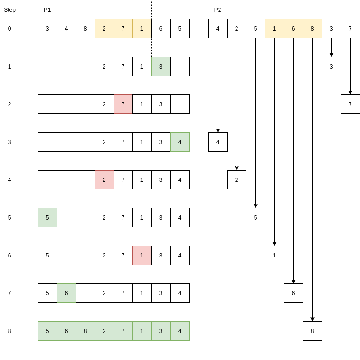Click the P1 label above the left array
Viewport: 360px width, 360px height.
tap(47, 10)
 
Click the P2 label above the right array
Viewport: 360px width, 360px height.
tap(218, 10)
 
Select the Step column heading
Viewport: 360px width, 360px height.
tap(9, 10)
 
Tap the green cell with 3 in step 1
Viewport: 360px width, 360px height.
tap(161, 67)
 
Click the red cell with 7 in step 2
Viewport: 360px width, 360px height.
tap(123, 104)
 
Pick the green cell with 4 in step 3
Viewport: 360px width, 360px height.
tap(180, 142)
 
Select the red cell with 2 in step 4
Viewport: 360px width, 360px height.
tap(104, 180)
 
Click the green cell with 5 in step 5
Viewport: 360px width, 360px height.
tap(47, 218)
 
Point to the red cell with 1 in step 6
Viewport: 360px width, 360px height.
tap(142, 256)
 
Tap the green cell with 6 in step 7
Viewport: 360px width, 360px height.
tap(66, 293)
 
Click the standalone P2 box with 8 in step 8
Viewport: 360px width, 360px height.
tap(312, 331)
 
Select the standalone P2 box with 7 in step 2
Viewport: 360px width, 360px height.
tap(350, 104)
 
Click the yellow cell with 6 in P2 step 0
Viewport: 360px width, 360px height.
tap(293, 29)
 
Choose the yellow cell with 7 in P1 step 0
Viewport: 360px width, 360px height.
tap(123, 29)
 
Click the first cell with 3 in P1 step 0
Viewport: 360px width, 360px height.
tap(47, 29)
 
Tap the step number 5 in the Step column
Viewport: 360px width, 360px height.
tap(9, 218)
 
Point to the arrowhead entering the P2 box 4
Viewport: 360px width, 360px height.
tap(218, 130)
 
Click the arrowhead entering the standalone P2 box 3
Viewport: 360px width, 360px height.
tap(331, 54)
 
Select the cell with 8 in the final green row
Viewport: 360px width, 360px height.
tap(85, 331)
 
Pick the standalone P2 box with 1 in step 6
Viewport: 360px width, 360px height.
tap(274, 256)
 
